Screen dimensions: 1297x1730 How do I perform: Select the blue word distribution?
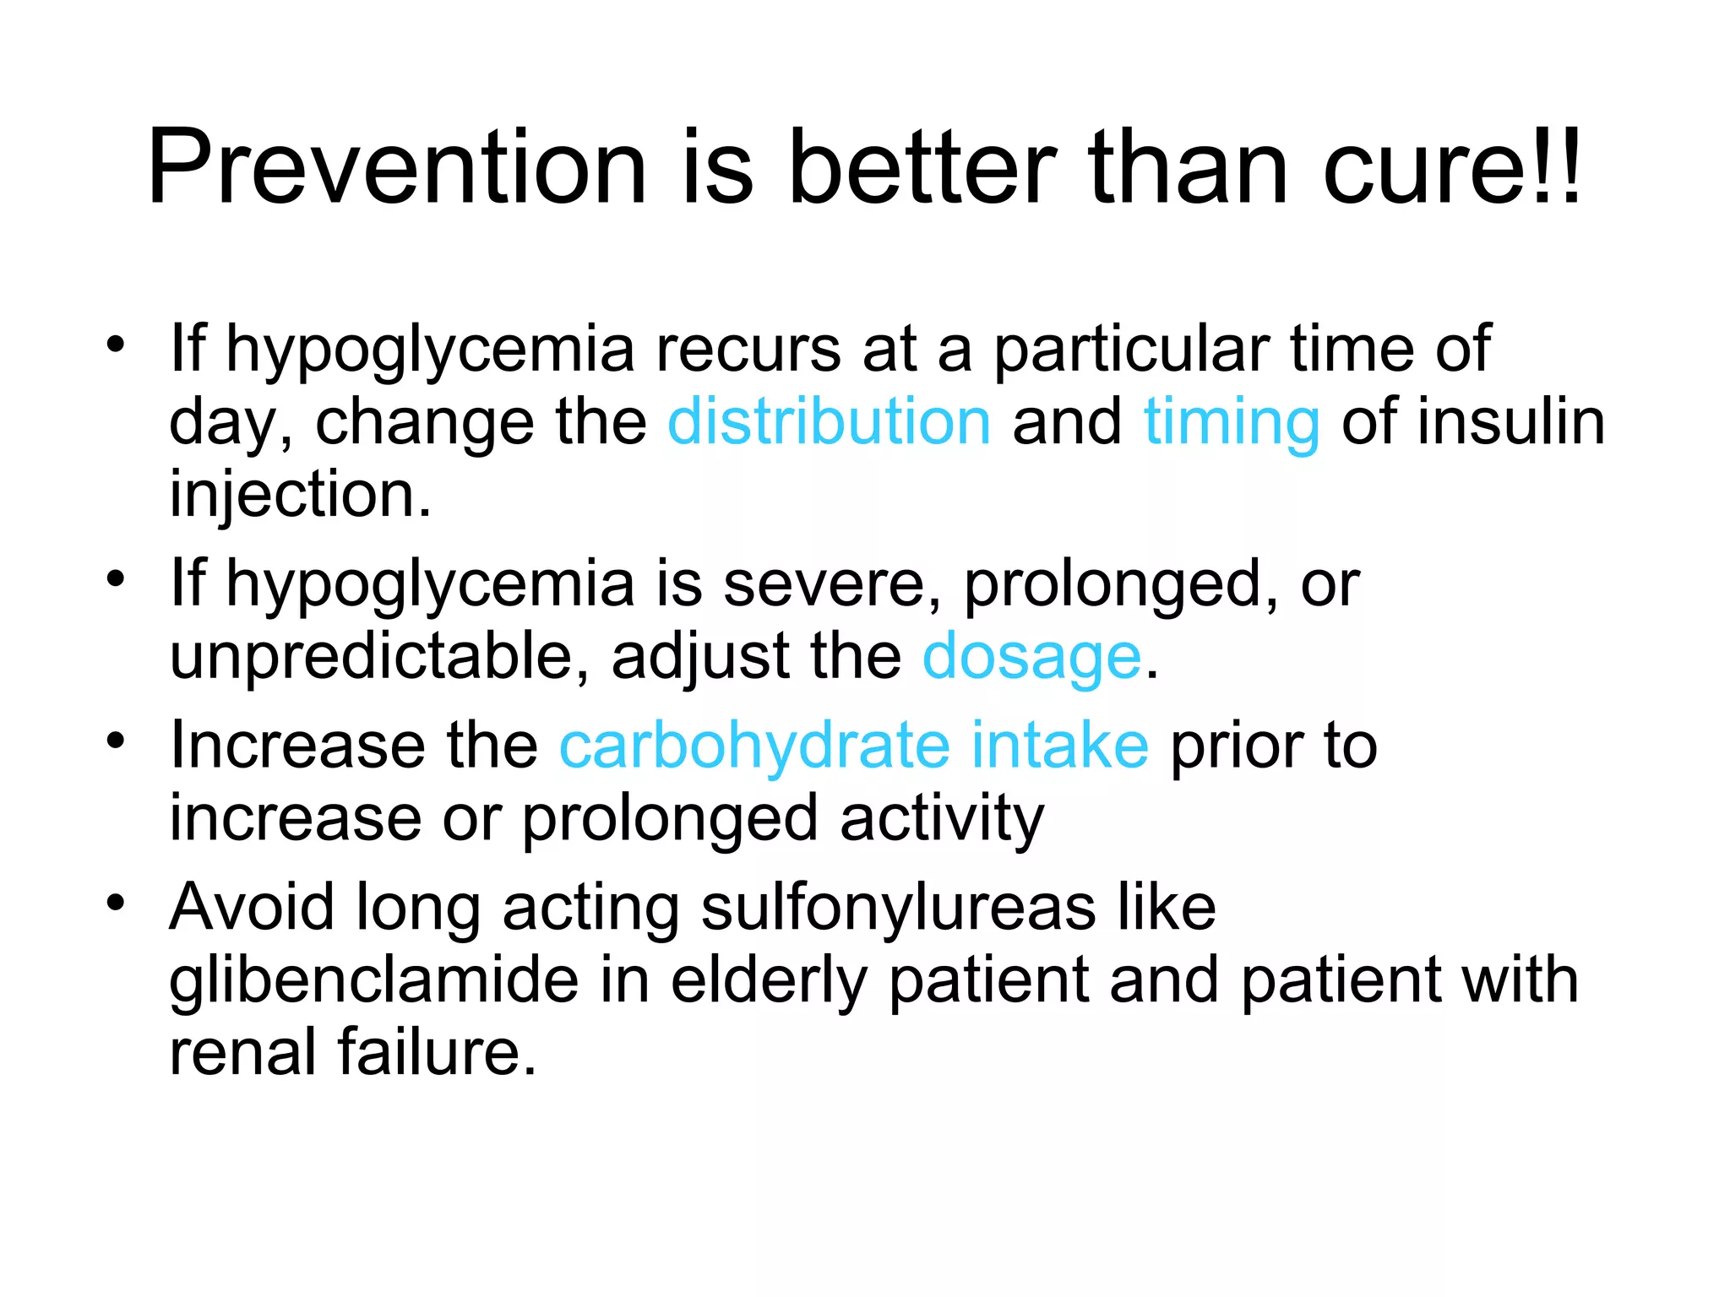pos(829,421)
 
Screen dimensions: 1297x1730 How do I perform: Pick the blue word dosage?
pos(1031,658)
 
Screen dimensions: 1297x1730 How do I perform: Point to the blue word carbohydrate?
pos(753,746)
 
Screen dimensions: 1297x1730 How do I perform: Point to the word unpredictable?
pos(372,658)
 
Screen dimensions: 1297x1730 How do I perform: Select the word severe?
pos(824,584)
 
